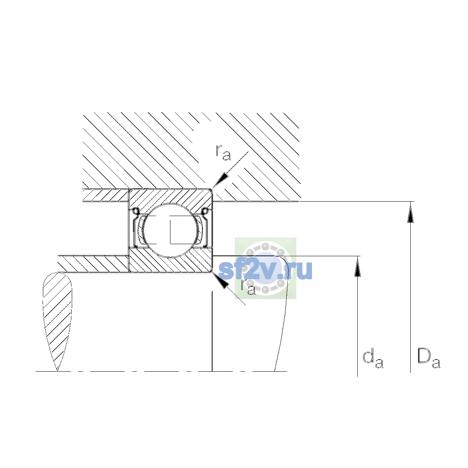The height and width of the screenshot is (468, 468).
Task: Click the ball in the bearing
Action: pos(170,230)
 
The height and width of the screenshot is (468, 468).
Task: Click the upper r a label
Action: pos(223,153)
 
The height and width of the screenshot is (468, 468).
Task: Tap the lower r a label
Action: pos(248,287)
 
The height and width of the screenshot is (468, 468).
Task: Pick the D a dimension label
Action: pos(429,359)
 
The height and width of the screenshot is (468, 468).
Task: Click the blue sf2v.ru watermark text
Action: pos(265,270)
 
